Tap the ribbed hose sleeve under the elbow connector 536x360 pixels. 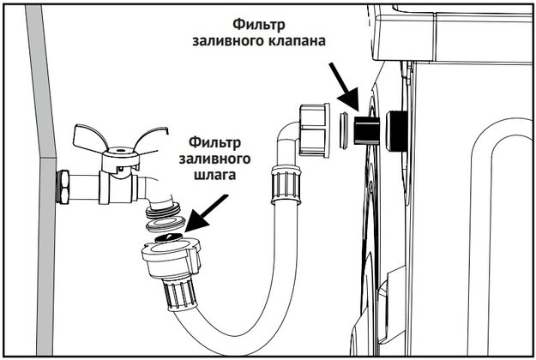pos(283,189)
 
